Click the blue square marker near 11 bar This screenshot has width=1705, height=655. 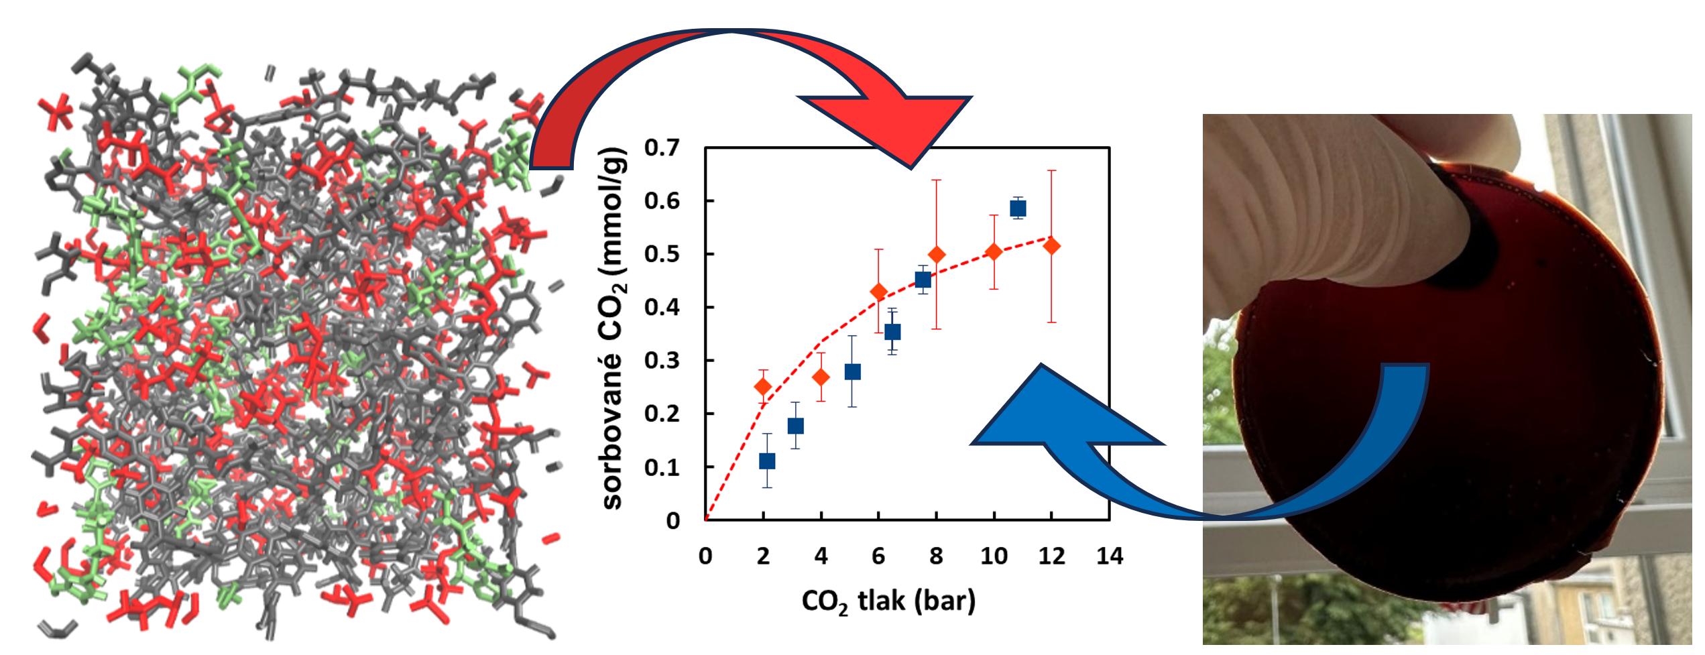1018,209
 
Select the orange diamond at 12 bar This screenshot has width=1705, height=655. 1052,246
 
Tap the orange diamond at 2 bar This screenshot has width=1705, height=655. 763,387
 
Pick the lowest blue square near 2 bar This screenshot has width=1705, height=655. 767,461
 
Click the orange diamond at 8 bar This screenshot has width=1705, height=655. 937,255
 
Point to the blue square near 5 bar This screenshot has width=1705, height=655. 852,372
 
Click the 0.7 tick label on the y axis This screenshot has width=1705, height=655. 661,147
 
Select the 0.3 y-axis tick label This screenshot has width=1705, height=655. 661,361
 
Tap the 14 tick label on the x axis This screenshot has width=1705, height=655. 1109,556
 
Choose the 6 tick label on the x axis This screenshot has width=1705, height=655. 878,556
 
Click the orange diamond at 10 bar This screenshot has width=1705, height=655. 994,251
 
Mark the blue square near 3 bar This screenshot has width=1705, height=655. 796,426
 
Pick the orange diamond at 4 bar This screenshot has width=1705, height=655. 821,377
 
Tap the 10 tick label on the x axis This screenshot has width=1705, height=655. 994,556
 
